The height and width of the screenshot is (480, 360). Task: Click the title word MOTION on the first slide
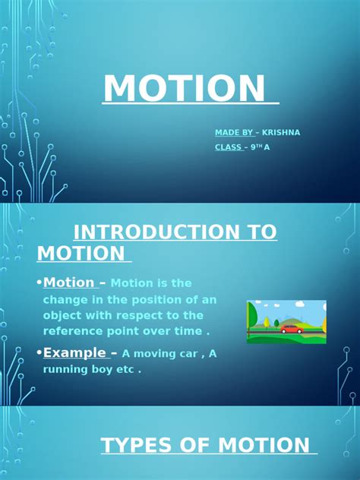(187, 88)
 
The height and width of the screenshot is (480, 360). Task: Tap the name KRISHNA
(281, 132)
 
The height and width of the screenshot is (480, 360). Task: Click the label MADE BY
(233, 132)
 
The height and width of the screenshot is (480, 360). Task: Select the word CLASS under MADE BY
(229, 147)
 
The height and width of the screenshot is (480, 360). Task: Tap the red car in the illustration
(290, 329)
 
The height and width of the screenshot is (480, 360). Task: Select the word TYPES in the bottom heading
(136, 446)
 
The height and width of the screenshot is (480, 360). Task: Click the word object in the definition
(64, 315)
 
